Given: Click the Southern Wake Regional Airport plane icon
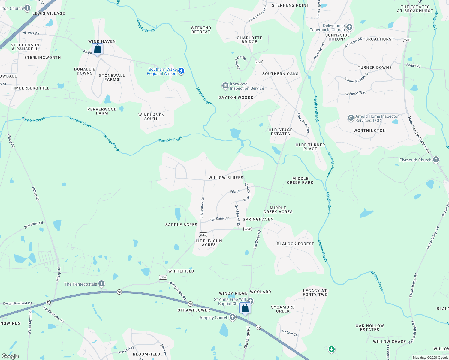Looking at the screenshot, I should (x=181, y=71).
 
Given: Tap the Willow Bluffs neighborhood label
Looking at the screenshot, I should (x=226, y=178).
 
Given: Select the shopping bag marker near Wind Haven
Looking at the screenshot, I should (x=97, y=49).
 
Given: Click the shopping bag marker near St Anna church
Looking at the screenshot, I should (x=245, y=308).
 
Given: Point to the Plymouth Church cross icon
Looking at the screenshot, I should (x=436, y=160).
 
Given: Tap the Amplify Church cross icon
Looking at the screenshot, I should (x=233, y=317).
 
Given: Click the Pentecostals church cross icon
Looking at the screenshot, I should (x=101, y=283).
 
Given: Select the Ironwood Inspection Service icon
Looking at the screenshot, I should (x=225, y=86).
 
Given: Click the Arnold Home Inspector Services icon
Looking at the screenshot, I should (x=351, y=118).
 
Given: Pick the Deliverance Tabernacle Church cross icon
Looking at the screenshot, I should (x=349, y=28).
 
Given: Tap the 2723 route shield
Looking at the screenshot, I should (x=258, y=62).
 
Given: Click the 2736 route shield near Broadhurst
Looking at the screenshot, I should (x=407, y=40).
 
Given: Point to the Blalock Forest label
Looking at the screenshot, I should (x=295, y=244).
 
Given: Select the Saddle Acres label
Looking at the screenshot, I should (x=181, y=225).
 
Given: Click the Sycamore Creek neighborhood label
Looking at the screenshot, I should (x=283, y=309).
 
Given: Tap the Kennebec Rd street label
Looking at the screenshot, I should (x=34, y=225).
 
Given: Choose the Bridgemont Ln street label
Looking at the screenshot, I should (x=202, y=208).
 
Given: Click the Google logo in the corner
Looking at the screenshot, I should (x=10, y=356).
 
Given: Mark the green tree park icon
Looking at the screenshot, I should (x=331, y=349).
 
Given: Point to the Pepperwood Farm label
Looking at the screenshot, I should (x=102, y=111).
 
